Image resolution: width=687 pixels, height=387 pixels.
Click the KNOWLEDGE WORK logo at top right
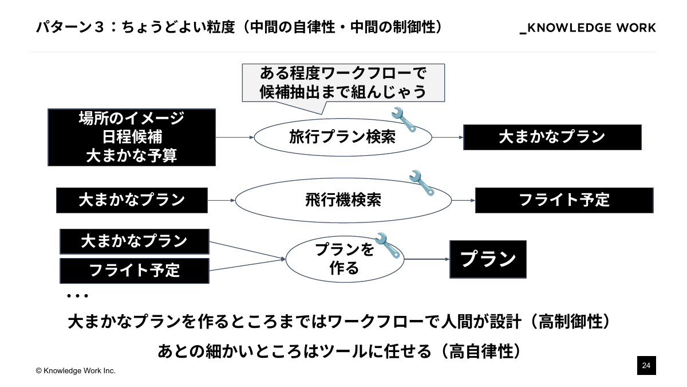pos(587,28)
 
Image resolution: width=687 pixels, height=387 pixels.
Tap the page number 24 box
pos(646,365)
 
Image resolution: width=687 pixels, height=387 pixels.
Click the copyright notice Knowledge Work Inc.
pos(76,371)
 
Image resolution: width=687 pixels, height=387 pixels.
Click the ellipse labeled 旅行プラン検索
pos(342,138)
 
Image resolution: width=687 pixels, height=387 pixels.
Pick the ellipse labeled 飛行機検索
pos(343,200)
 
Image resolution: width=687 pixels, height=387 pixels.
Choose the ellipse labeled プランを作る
pos(345,259)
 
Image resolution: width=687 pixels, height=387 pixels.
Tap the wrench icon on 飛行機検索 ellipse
pos(423,182)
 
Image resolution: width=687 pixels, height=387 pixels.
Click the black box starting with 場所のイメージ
pos(132,137)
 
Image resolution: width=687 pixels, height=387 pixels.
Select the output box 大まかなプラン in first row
pos(552,137)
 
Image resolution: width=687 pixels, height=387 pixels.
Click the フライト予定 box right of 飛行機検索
pos(564,200)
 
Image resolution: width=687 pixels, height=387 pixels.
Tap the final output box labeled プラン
pos(488,259)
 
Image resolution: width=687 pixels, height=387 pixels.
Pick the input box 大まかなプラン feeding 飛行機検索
pos(132,200)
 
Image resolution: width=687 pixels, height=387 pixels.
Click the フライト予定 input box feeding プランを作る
pos(135,270)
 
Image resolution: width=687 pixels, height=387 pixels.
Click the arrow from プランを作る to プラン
pos(427,259)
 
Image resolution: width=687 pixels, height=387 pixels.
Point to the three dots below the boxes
pos(77,296)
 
